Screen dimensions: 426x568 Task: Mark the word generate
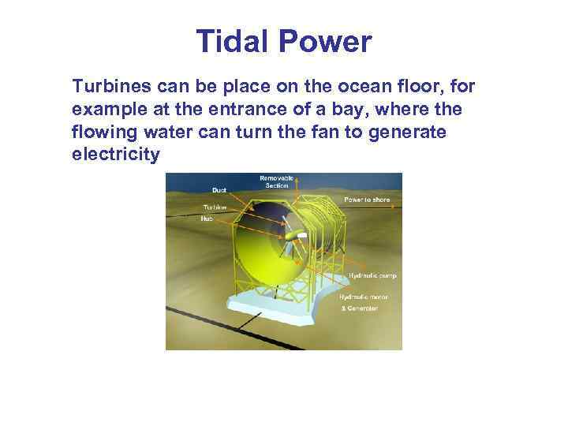coord(412,132)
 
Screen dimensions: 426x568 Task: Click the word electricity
coord(115,155)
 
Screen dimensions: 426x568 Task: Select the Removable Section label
coord(276,182)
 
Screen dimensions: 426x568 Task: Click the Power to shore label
coord(366,200)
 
